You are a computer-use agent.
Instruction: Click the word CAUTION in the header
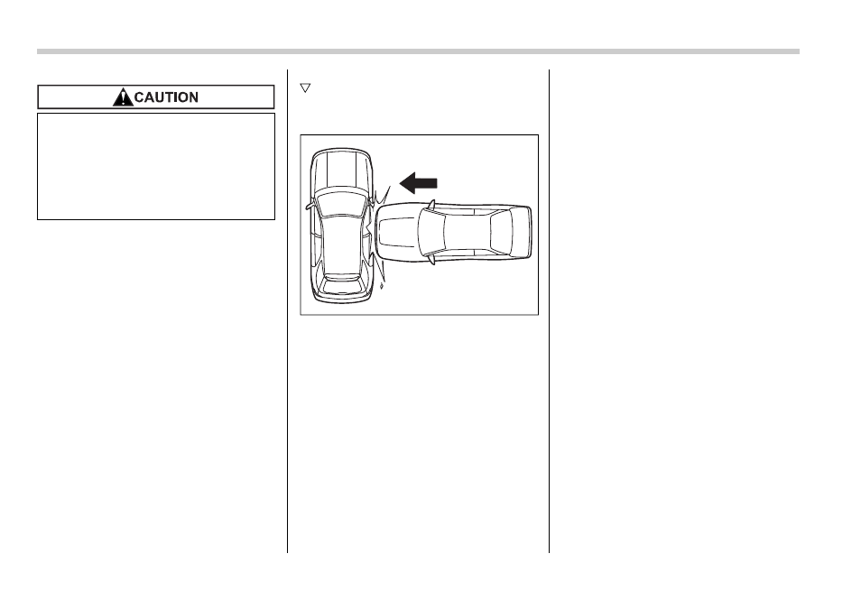point(166,97)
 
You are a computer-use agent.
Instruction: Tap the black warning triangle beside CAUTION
point(123,97)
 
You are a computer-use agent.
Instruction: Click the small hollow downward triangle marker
point(305,88)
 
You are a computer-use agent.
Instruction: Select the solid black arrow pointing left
point(418,183)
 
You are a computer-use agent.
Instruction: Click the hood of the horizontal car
point(396,231)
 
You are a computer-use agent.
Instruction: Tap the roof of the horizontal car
point(467,232)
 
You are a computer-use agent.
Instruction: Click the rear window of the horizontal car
point(501,232)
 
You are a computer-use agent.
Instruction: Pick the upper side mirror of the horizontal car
point(431,205)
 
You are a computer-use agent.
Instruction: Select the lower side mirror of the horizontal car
point(431,260)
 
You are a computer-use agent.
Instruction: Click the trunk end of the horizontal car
point(522,232)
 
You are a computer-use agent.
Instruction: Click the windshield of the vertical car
point(341,203)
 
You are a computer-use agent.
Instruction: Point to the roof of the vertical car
point(340,244)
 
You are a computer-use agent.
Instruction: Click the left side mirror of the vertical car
point(310,206)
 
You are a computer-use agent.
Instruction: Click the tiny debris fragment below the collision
point(381,286)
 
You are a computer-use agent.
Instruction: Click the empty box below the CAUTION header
point(156,166)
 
